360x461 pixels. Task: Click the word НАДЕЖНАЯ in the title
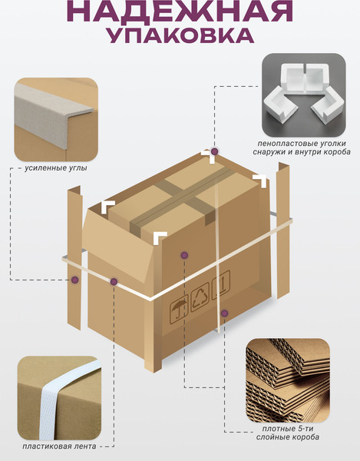[x=180, y=11]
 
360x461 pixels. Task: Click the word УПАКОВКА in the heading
[x=180, y=36]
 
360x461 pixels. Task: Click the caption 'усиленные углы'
[x=56, y=168]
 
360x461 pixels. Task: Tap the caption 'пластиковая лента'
[x=59, y=446]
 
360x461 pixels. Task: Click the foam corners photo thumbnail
[x=304, y=95]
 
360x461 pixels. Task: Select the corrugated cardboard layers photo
[x=288, y=380]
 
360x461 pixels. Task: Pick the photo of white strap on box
[x=59, y=398]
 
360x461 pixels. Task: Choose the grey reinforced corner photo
[x=56, y=119]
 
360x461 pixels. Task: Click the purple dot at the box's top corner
[x=215, y=151]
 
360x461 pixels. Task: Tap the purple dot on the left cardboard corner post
[x=75, y=280]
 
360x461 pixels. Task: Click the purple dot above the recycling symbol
[x=184, y=255]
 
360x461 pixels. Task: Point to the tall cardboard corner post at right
[x=283, y=230]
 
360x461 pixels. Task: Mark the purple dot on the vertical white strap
[x=225, y=313]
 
